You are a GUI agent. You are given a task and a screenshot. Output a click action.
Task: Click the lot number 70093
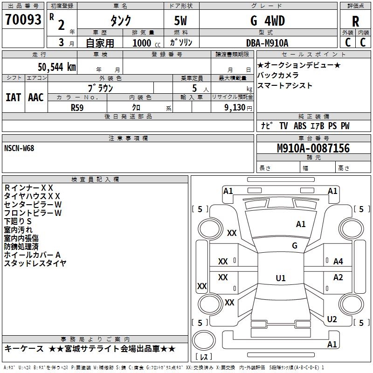23,20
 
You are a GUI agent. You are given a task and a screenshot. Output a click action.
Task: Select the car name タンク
120,21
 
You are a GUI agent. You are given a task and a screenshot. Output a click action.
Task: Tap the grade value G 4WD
267,21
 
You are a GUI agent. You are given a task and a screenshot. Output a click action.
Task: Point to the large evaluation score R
356,21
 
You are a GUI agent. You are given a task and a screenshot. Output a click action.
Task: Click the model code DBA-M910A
267,43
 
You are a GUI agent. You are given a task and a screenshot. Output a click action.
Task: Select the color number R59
77,107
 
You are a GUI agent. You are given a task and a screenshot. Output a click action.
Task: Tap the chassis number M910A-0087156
313,148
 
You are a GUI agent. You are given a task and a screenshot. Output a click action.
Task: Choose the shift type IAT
14,97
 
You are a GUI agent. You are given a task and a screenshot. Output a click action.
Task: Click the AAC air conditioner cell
36,97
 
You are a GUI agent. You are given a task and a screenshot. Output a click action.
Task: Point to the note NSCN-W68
19,148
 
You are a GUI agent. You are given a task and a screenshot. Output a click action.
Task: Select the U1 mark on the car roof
280,278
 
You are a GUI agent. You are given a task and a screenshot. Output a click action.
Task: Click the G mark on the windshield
294,246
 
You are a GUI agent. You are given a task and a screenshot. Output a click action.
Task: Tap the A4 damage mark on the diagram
338,262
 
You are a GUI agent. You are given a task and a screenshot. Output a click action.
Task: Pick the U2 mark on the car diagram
332,319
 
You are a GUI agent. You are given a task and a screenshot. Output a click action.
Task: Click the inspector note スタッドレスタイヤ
35,263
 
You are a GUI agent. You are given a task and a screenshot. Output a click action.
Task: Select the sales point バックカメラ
278,75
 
